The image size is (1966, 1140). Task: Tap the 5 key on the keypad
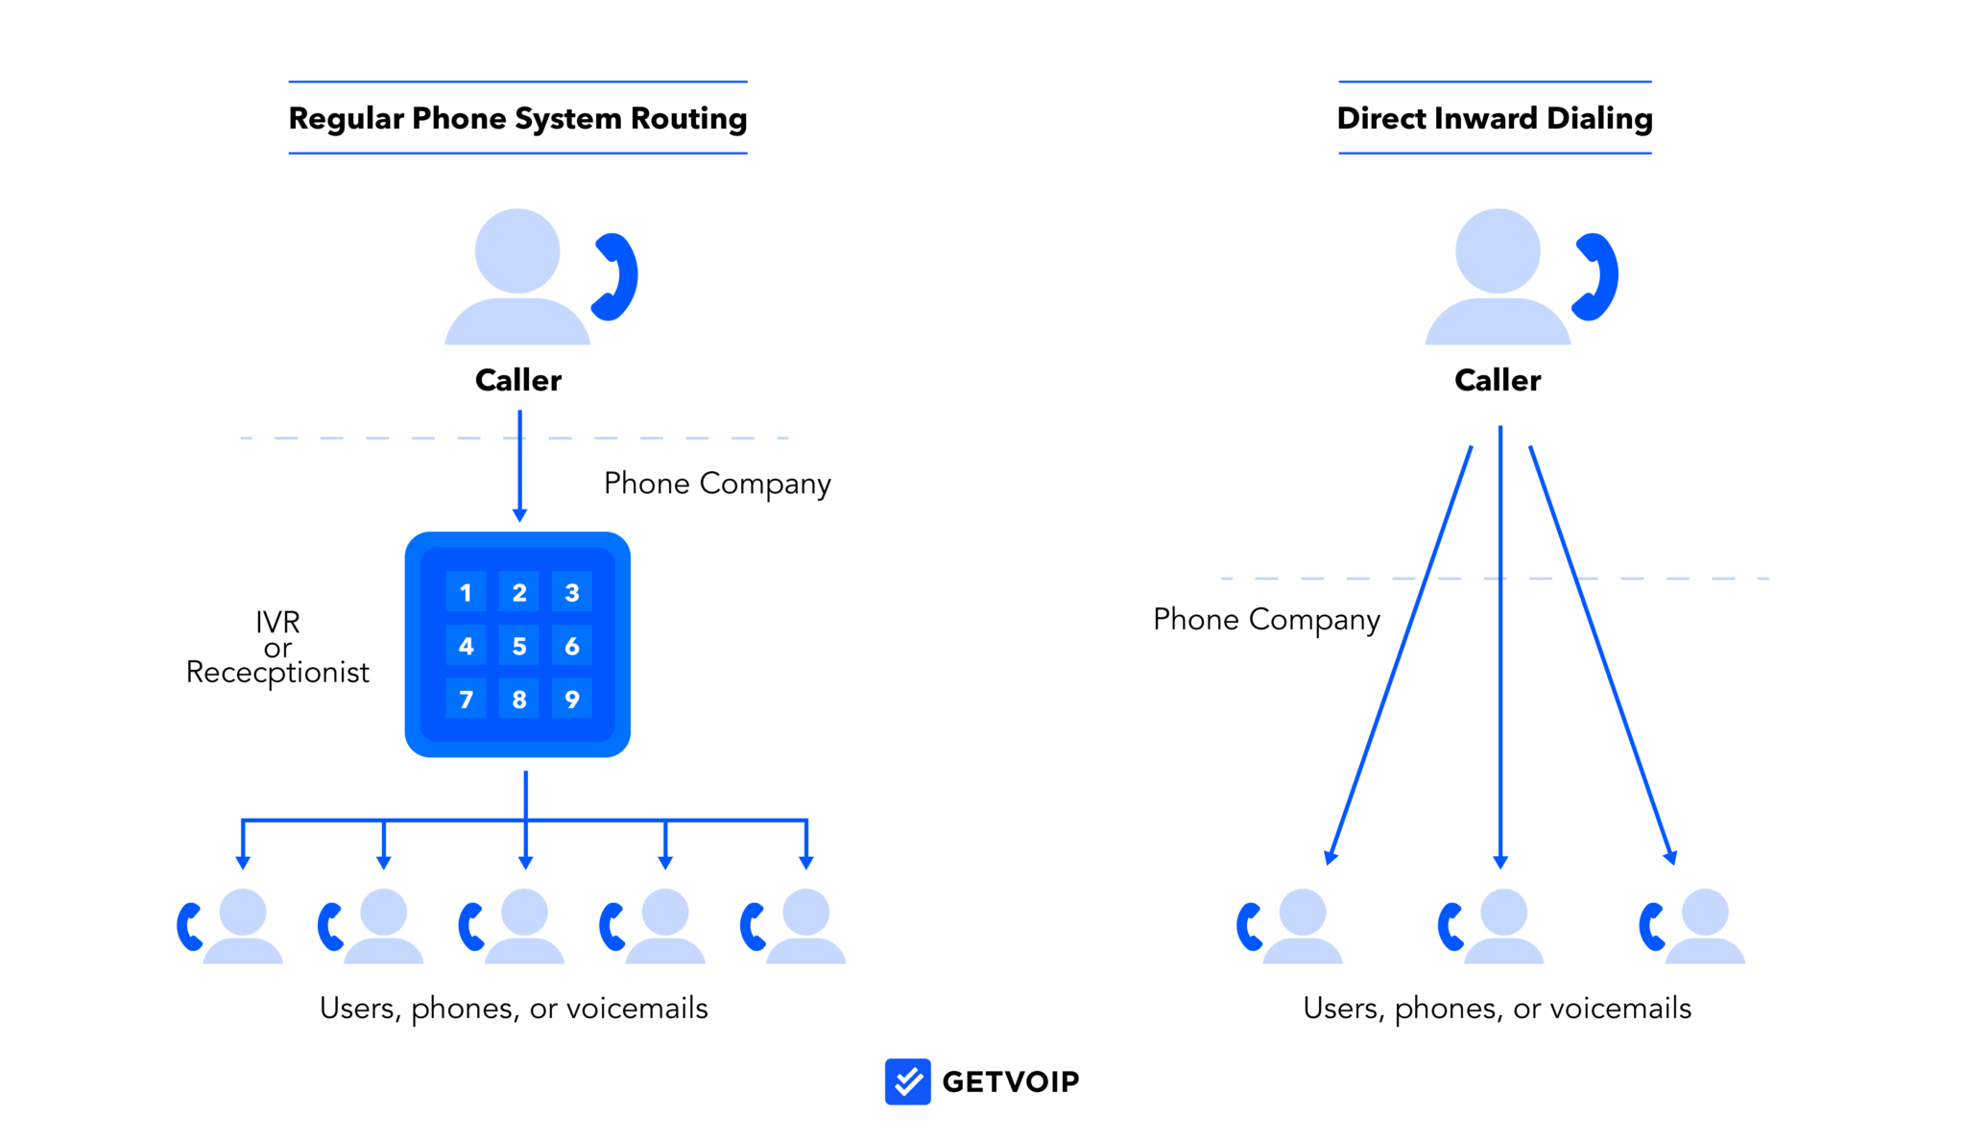[518, 646]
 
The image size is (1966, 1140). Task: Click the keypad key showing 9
[571, 700]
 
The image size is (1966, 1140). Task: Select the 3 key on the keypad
[571, 592]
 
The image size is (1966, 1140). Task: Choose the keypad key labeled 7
[466, 700]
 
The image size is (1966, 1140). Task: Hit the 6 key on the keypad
[571, 646]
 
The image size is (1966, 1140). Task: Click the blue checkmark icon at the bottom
[907, 1081]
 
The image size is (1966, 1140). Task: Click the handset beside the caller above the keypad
[617, 276]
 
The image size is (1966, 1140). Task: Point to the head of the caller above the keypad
[517, 250]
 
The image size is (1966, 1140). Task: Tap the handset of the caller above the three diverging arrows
[1598, 276]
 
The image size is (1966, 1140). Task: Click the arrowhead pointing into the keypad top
[519, 516]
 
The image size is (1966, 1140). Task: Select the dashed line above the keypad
[384, 439]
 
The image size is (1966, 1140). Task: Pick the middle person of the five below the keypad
[524, 926]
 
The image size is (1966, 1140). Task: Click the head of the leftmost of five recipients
[243, 912]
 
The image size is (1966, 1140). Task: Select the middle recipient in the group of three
[1502, 926]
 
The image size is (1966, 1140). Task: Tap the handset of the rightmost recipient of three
[1651, 927]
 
